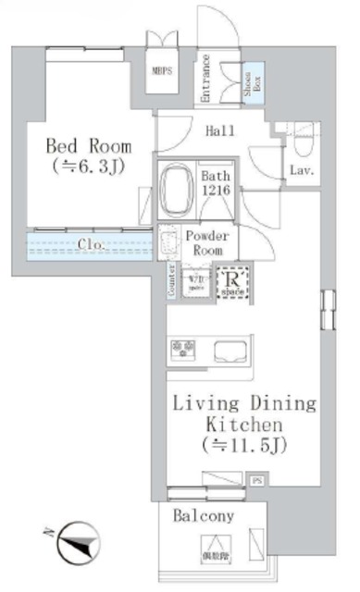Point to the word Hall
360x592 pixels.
(x=219, y=131)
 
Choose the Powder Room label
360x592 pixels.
(x=206, y=242)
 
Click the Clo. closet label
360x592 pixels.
(x=91, y=246)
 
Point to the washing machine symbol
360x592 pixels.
(x=195, y=282)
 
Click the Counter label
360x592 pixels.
(x=172, y=281)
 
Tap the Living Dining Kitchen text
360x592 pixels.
(x=246, y=425)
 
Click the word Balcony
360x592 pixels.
(x=205, y=516)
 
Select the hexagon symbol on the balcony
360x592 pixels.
(x=213, y=545)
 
